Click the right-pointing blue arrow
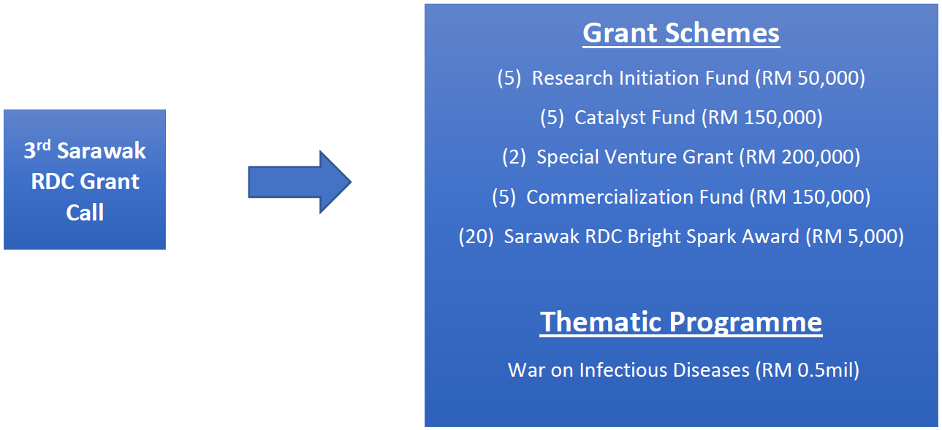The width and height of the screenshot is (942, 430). point(300,182)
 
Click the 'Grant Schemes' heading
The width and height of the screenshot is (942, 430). point(681,33)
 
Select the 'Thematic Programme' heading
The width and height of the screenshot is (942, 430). point(681,322)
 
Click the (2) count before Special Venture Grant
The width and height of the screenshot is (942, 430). point(514,157)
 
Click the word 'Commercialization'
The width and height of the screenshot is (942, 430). point(634,197)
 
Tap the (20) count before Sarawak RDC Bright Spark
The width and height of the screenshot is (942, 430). point(476,237)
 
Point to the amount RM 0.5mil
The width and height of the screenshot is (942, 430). point(808,370)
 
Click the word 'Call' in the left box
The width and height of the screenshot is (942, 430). point(85,212)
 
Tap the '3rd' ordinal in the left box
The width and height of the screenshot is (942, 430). point(37,150)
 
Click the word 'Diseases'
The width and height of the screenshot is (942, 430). point(711,370)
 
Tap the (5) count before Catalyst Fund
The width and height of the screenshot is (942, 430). point(552,118)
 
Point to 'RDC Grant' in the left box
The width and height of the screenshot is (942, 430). point(85,181)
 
